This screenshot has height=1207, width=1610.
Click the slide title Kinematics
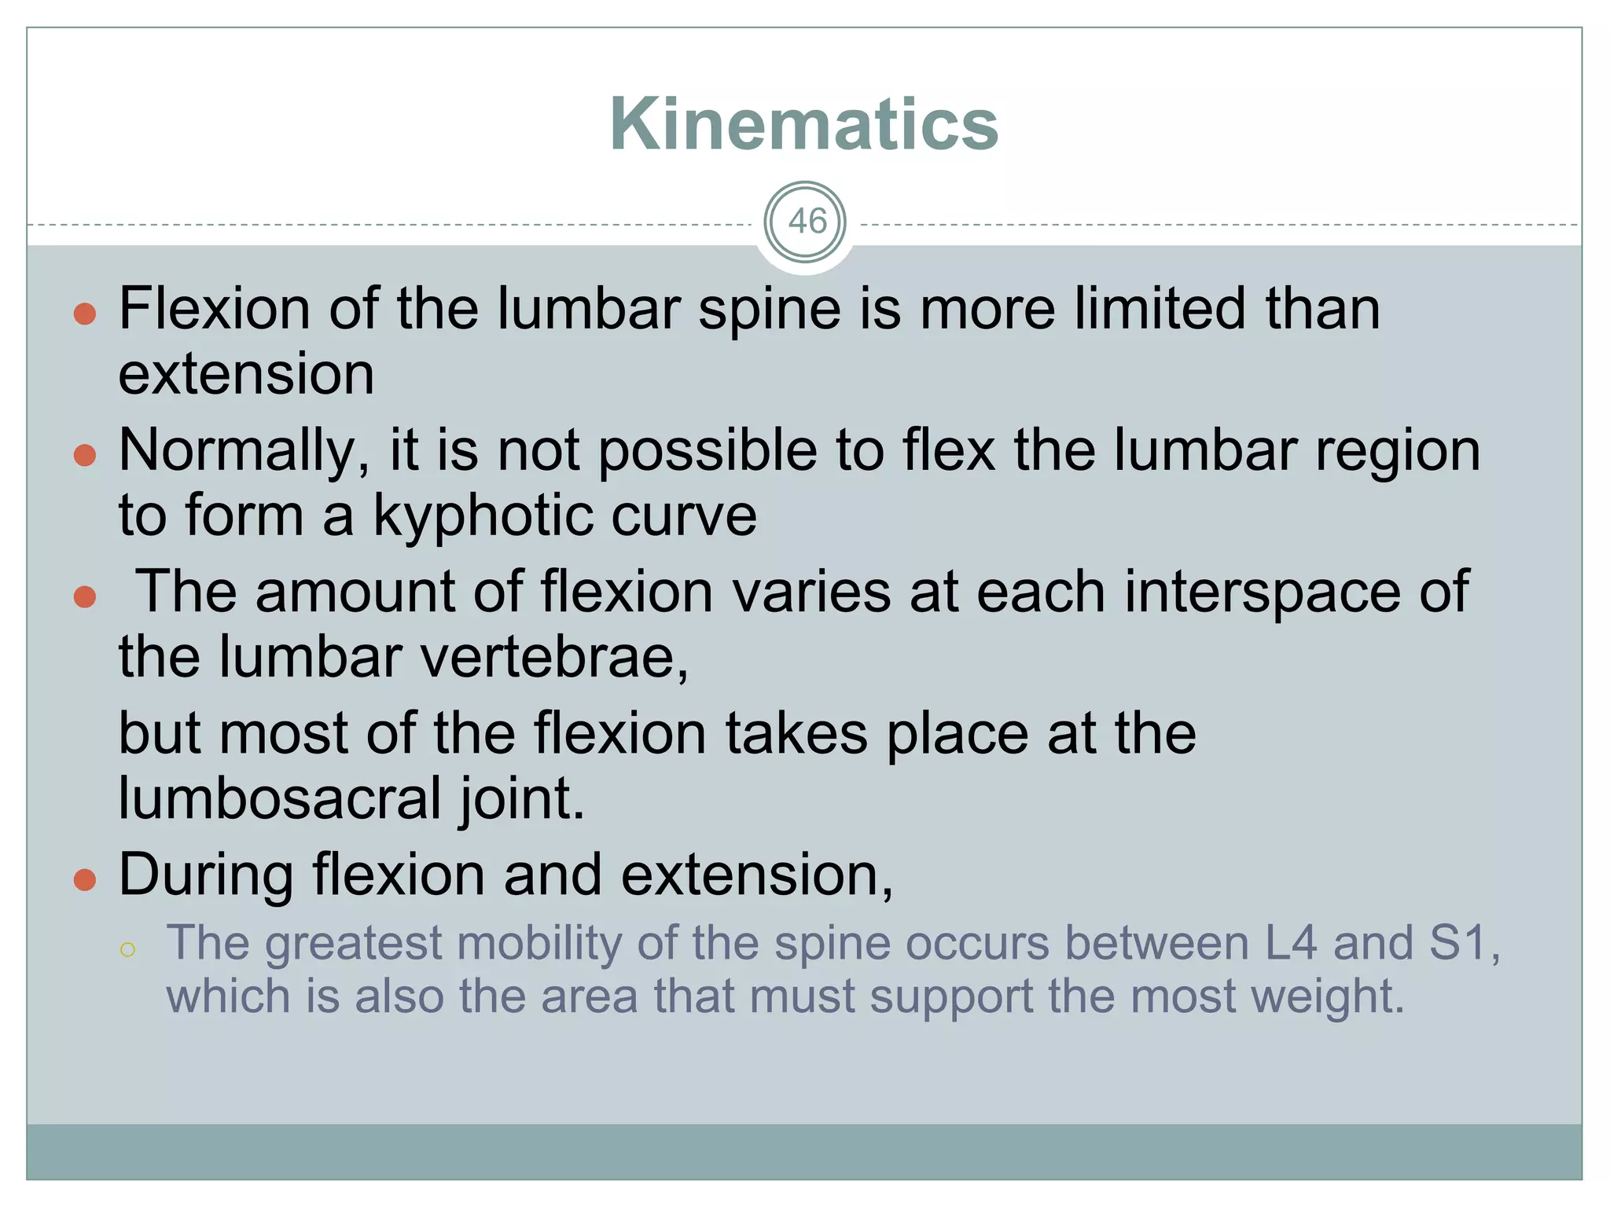pyautogui.click(x=803, y=124)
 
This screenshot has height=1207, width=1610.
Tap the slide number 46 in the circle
pyautogui.click(x=806, y=222)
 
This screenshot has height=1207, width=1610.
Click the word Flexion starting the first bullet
pyautogui.click(x=214, y=308)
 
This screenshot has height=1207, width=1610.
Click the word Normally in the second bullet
pyautogui.click(x=244, y=451)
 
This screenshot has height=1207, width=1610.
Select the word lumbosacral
pyautogui.click(x=280, y=798)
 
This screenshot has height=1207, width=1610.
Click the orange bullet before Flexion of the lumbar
pyautogui.click(x=85, y=315)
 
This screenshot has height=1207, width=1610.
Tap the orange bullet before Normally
pyautogui.click(x=85, y=456)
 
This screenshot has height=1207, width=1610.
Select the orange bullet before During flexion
pyautogui.click(x=85, y=880)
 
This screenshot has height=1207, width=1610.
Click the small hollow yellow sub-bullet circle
pyautogui.click(x=128, y=950)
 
